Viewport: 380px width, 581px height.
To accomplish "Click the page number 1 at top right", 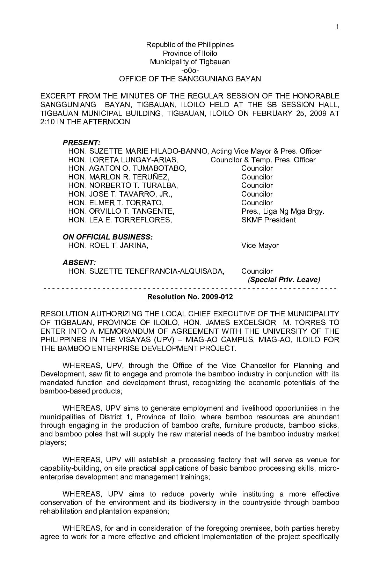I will (x=338, y=28).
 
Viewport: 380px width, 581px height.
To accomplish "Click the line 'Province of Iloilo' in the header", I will (x=190, y=53).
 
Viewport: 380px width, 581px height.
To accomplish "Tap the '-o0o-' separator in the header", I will (x=190, y=71).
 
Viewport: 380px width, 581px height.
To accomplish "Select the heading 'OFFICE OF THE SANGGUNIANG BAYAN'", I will (x=190, y=79).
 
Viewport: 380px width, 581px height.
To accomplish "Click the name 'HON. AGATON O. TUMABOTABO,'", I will (x=127, y=168).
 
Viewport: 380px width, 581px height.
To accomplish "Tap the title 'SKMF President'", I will (x=268, y=220).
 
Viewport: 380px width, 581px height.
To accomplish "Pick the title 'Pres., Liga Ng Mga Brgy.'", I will (x=283, y=211).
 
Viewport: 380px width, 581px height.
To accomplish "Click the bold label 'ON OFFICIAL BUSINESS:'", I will (x=108, y=237).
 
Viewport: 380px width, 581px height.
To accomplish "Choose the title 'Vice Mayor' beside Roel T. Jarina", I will (x=260, y=245).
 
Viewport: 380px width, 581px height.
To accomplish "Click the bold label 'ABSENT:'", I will (x=79, y=263).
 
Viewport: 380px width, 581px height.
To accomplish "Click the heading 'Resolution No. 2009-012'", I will (x=190, y=297).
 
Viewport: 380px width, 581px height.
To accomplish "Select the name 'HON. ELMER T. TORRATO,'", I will (x=116, y=203).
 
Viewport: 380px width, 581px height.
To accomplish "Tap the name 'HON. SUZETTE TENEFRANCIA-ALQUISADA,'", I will (x=146, y=271).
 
